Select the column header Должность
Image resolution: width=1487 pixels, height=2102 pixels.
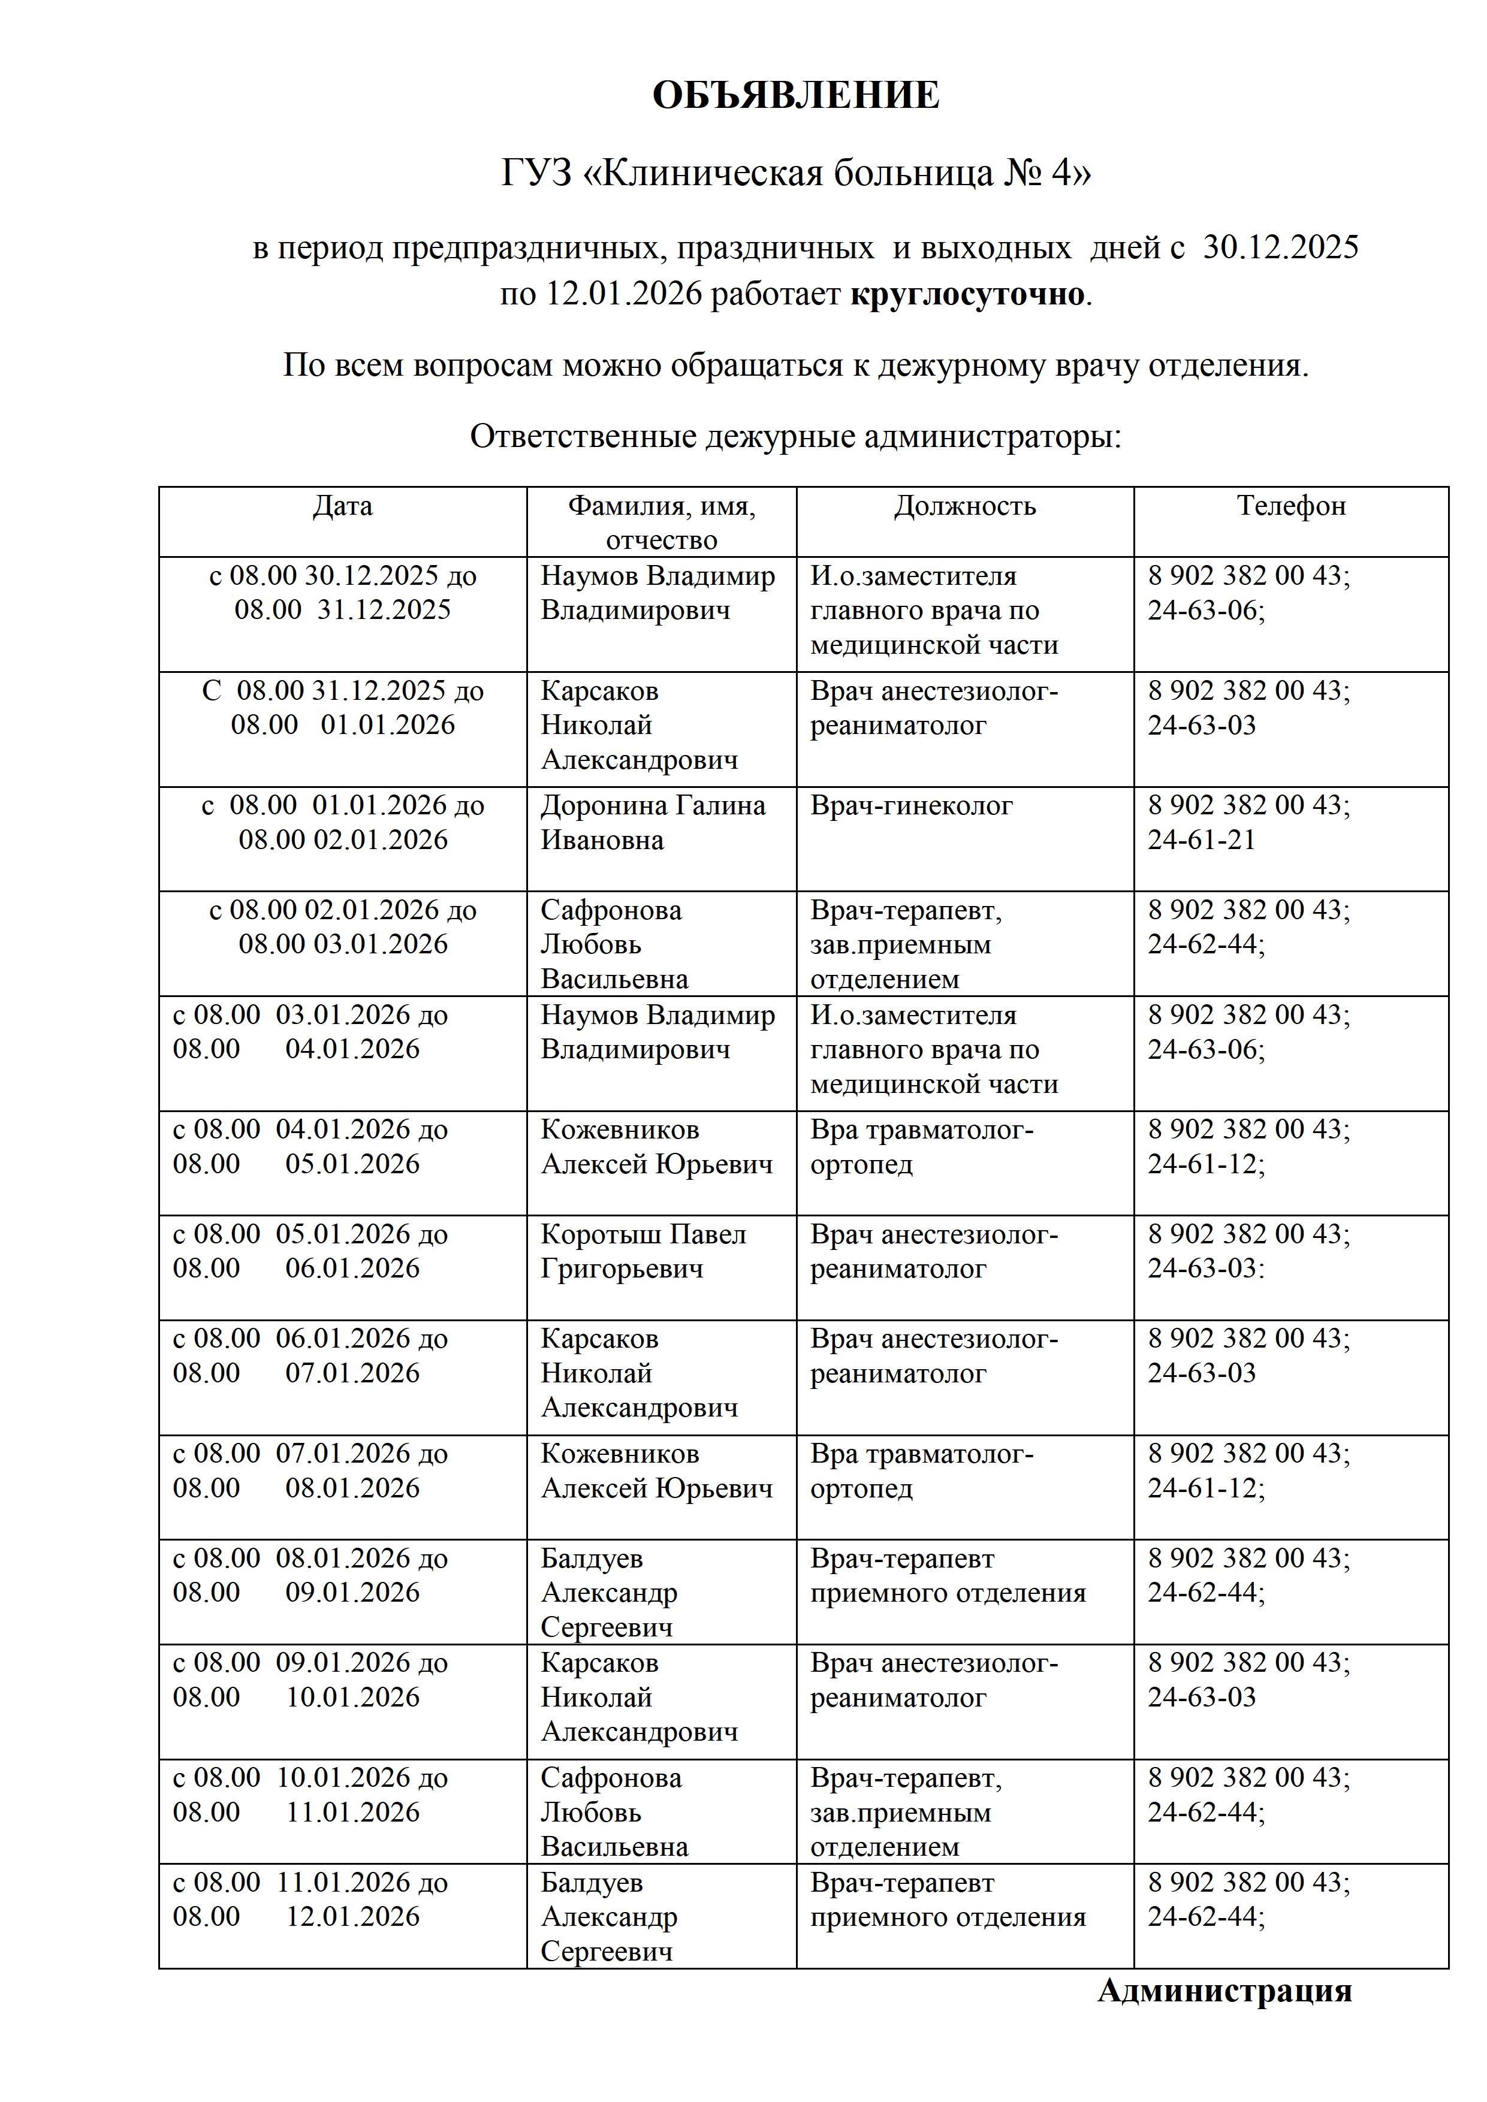point(964,506)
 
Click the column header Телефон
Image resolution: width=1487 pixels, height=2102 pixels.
point(1291,506)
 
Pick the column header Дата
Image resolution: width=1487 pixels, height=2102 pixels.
point(342,506)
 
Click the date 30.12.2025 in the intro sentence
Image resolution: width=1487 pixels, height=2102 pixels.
point(1280,247)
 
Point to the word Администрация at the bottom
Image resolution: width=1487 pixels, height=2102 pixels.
point(1224,1991)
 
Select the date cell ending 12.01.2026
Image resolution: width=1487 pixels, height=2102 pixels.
point(310,1899)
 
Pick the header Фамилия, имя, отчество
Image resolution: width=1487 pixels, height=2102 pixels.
point(661,522)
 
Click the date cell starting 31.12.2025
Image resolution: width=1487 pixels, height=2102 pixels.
point(342,708)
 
